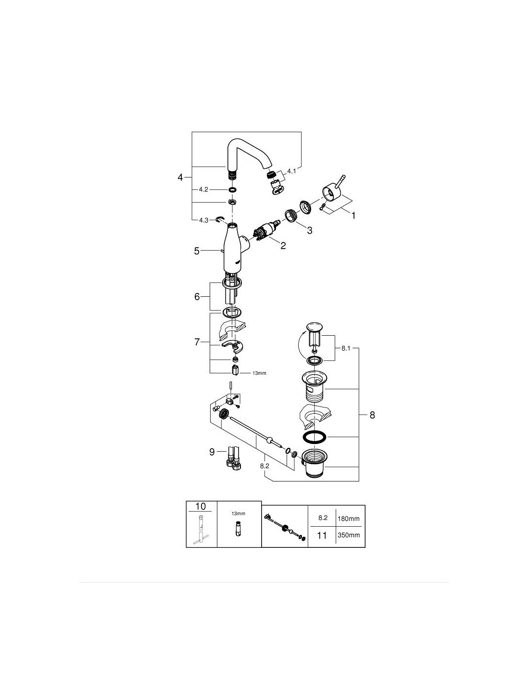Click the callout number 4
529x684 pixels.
click(x=180, y=177)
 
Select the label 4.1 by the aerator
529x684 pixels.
click(x=291, y=171)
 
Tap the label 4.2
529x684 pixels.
click(x=203, y=190)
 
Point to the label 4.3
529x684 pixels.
click(x=203, y=220)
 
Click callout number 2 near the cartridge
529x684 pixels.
click(x=283, y=245)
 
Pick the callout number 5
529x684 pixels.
click(x=197, y=251)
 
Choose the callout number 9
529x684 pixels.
click(x=212, y=452)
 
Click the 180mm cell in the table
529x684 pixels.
click(x=348, y=519)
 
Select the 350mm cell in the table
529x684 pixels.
click(x=348, y=535)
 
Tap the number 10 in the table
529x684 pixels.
click(x=201, y=506)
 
